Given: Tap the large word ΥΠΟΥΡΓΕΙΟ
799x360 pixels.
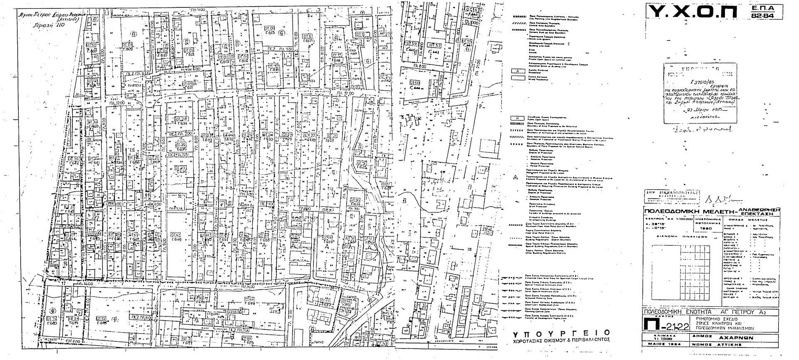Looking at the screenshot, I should pos(561,333).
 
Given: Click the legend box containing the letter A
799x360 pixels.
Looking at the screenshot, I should pos(518,71).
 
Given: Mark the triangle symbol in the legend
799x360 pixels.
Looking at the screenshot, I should pos(515,177).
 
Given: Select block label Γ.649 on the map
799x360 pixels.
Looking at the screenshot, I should pos(176,240).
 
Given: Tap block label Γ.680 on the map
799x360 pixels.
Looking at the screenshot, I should pos(52,323).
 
